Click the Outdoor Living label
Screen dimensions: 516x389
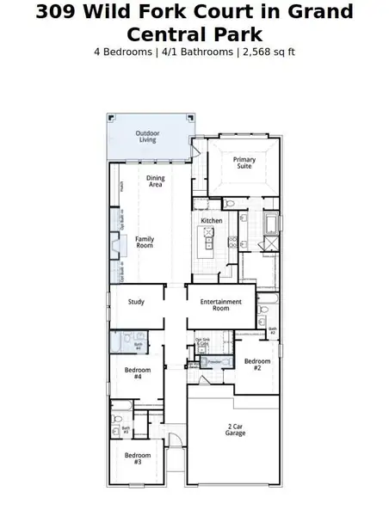pos(147,136)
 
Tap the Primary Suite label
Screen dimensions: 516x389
pos(245,163)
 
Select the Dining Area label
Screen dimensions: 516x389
pos(155,181)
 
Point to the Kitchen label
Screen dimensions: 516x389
pos(212,221)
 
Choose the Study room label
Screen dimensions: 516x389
pos(136,302)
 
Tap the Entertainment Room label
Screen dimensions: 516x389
pos(220,304)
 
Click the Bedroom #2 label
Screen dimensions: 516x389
pos(253,365)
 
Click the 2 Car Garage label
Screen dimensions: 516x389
pos(236,429)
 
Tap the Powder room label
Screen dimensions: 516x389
pos(214,361)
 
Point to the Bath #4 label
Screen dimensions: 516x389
pos(138,346)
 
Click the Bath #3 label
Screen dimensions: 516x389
pos(125,429)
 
